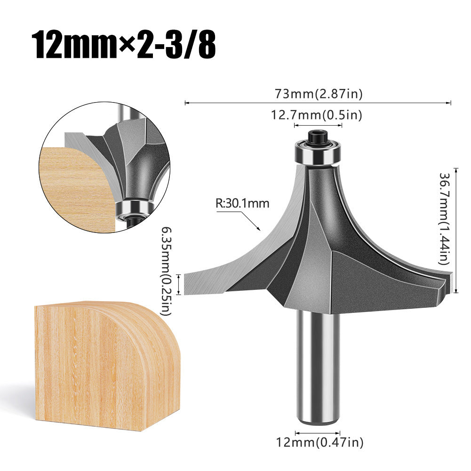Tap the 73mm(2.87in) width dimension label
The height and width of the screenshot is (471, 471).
tap(318, 94)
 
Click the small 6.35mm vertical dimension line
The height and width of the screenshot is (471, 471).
tap(179, 284)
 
